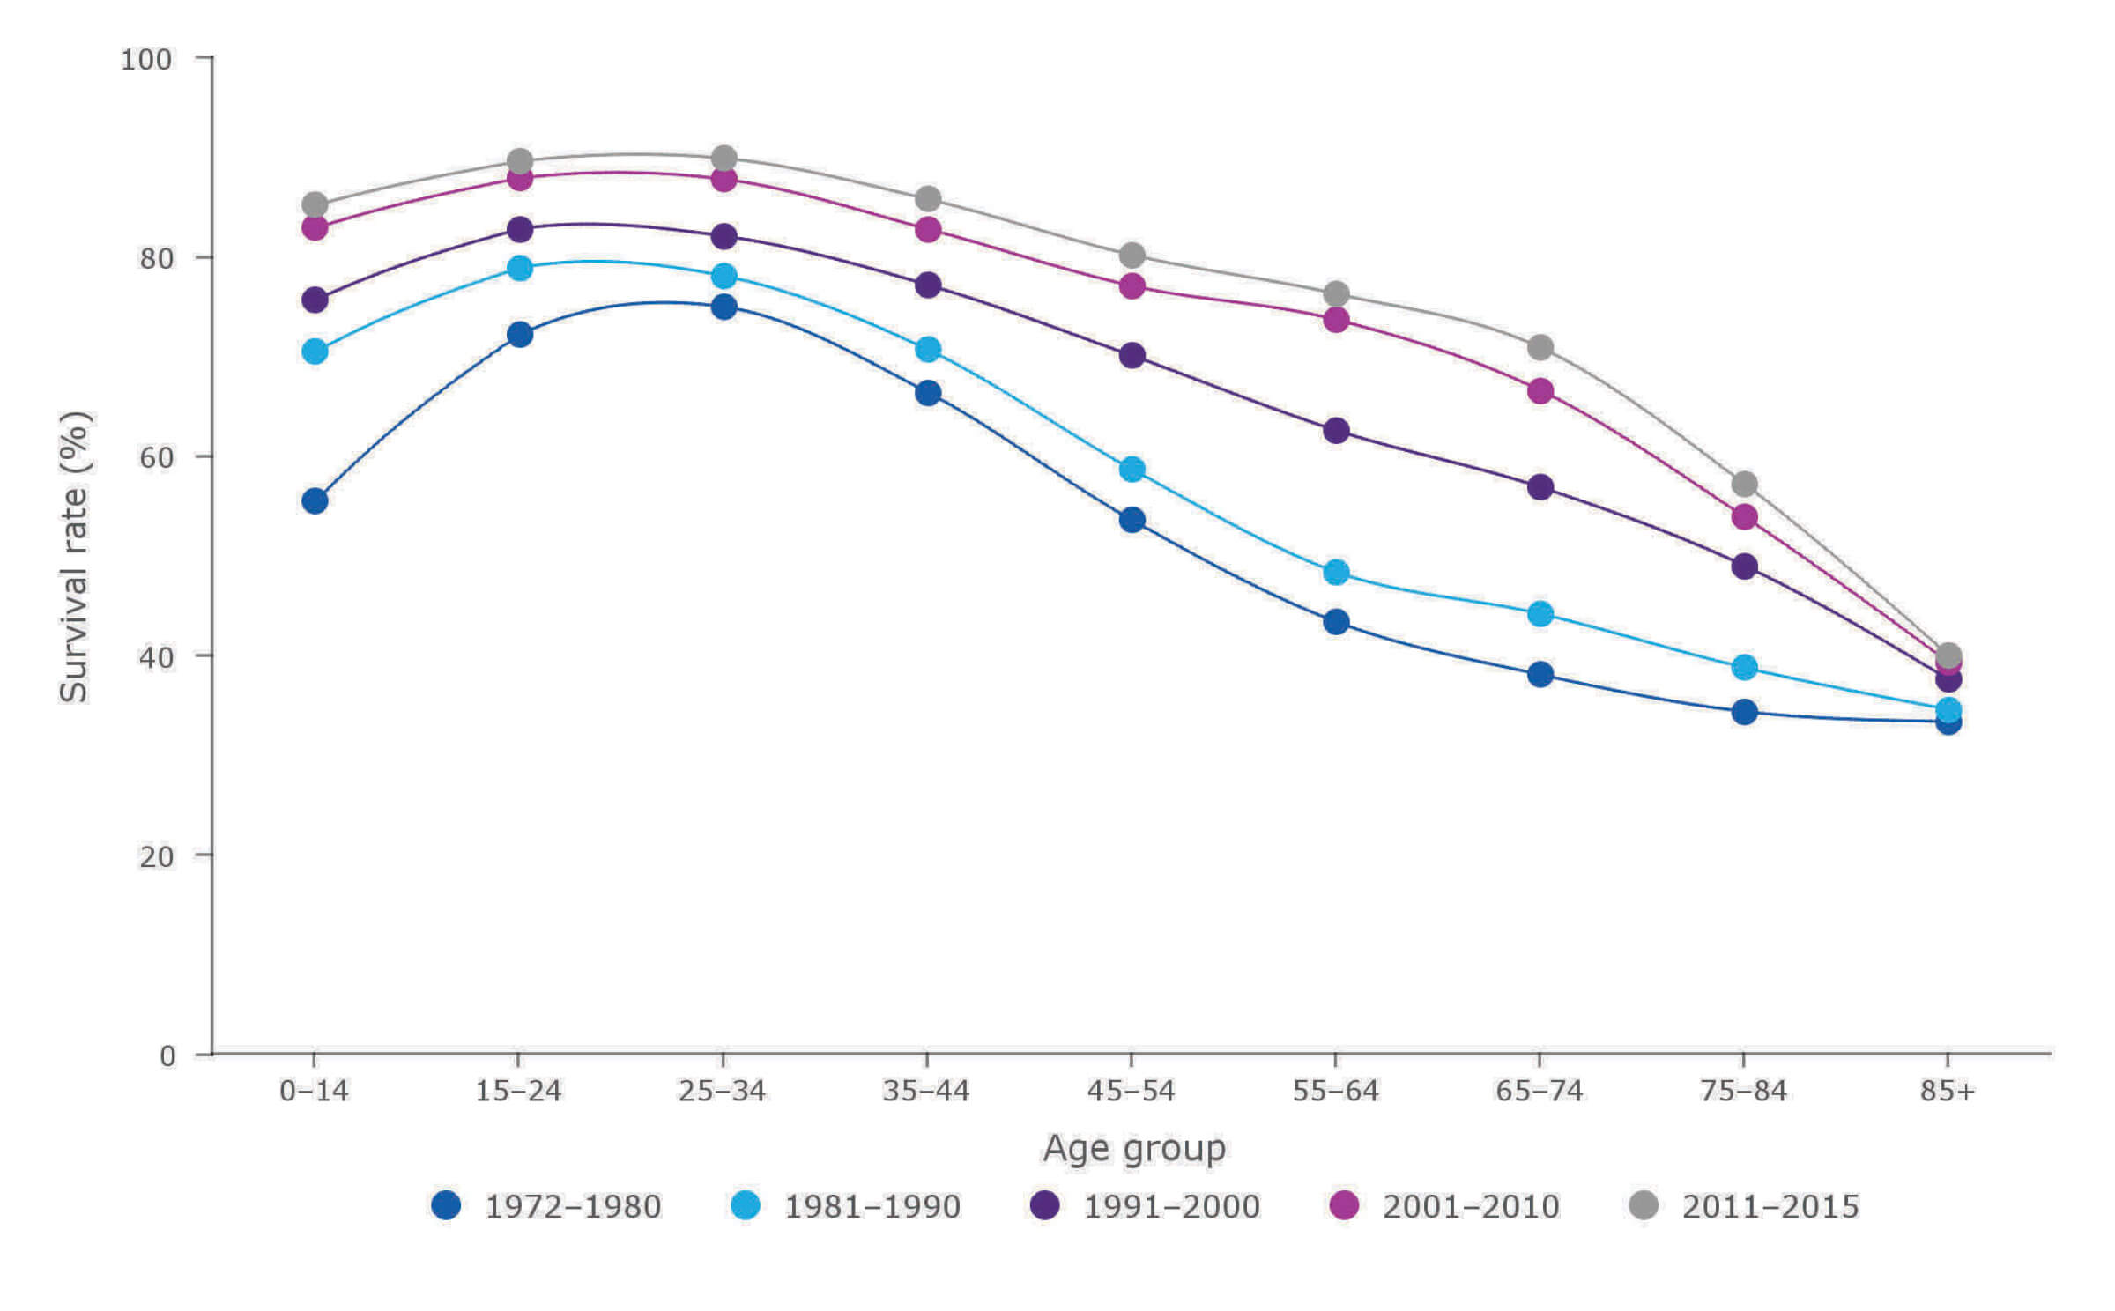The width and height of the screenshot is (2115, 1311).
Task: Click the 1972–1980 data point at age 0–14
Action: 315,501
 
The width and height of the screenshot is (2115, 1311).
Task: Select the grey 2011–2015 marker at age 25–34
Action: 724,159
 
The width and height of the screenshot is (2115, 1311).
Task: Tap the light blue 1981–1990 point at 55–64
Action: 1336,572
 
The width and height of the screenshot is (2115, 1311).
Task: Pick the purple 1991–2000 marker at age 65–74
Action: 1540,487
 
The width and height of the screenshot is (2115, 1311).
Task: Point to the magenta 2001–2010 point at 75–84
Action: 1745,517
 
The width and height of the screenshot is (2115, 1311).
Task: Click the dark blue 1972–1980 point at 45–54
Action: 1132,520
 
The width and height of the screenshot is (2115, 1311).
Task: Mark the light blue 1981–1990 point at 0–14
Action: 315,352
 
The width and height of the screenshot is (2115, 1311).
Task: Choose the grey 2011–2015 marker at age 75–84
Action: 1745,484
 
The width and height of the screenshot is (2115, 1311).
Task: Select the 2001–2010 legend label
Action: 1471,1206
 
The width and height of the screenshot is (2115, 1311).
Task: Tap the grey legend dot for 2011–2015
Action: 1644,1204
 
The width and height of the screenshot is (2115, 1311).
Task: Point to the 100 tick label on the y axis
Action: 146,59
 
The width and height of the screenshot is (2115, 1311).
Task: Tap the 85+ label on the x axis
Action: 1948,1092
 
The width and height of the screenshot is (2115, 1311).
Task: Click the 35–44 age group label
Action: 925,1092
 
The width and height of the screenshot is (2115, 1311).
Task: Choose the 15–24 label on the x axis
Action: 518,1092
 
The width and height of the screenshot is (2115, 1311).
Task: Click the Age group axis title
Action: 1134,1149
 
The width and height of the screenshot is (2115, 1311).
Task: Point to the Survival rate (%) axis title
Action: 75,557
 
